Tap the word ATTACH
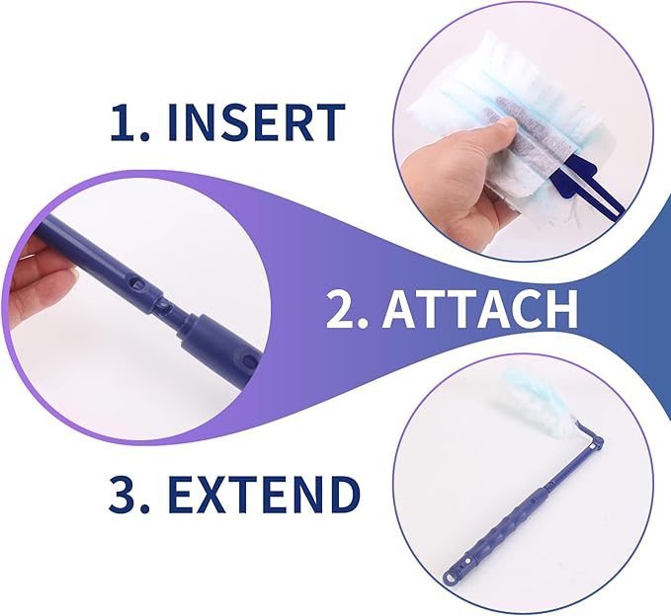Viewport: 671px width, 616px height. click(x=479, y=309)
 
